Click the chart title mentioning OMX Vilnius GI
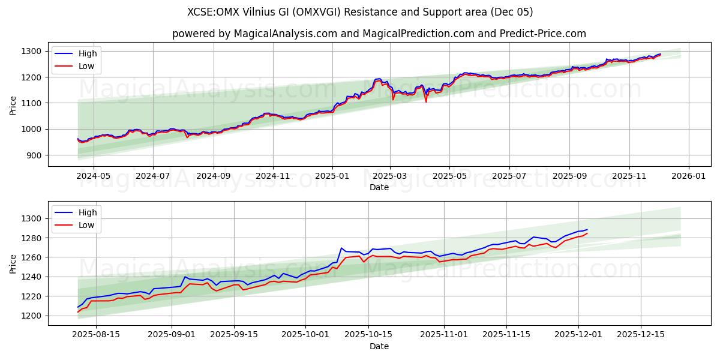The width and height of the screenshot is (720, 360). (360, 12)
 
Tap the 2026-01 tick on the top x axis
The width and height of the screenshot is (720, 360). (688, 176)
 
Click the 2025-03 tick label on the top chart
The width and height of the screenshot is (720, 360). (390, 176)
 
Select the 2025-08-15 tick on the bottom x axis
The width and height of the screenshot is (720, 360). (96, 335)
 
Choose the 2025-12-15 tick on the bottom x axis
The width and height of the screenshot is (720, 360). (641, 335)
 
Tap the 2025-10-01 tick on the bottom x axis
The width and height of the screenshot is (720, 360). (305, 335)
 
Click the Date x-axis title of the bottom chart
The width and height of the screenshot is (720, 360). (379, 346)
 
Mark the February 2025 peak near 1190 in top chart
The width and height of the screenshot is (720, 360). (377, 79)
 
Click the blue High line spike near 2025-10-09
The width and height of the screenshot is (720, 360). (341, 248)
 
